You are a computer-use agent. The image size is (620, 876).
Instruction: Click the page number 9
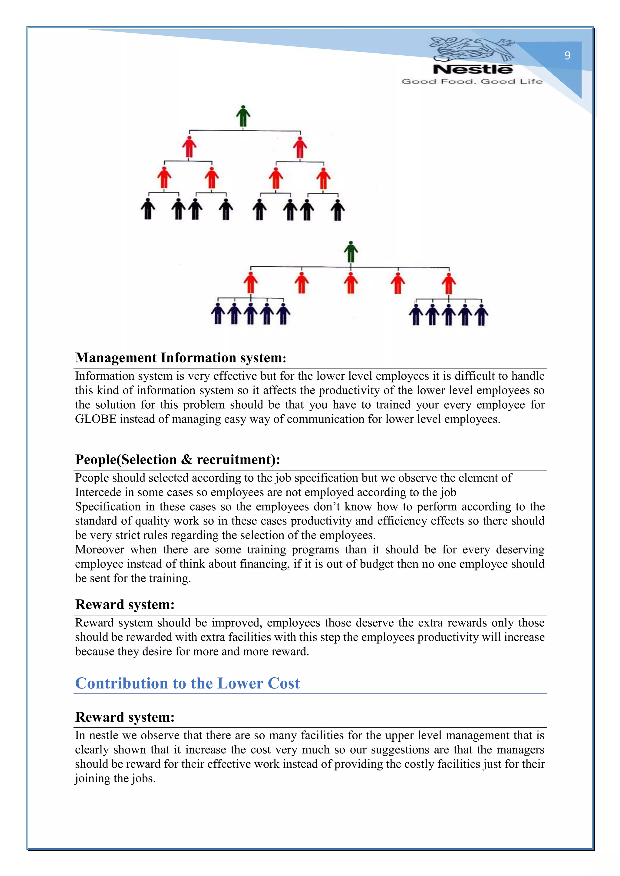click(x=567, y=56)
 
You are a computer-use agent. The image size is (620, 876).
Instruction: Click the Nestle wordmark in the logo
click(x=473, y=70)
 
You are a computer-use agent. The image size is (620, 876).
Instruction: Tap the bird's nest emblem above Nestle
click(x=472, y=48)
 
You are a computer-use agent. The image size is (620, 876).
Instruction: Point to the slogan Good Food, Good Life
click(x=472, y=81)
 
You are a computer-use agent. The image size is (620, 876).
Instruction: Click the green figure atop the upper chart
click(x=243, y=116)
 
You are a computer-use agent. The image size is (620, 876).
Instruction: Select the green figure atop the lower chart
click(x=351, y=252)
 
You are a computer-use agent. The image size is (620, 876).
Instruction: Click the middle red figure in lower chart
click(x=351, y=283)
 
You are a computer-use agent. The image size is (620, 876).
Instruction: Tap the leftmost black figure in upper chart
click(x=148, y=209)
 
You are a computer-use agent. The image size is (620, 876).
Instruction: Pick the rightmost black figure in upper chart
click(x=338, y=210)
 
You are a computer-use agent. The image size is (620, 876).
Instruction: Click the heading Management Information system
click(x=180, y=358)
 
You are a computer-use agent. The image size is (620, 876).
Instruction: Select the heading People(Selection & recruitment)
click(x=177, y=460)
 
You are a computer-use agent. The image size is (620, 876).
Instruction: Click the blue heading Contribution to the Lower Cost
click(x=187, y=683)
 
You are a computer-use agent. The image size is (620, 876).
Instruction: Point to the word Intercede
click(x=98, y=492)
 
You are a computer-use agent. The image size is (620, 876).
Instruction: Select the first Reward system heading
click(x=125, y=605)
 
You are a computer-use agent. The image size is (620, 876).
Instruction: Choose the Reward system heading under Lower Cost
click(x=125, y=717)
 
